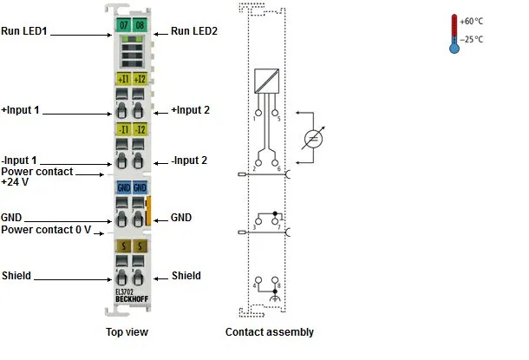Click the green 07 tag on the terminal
[x=123, y=25]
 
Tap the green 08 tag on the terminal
[x=140, y=25]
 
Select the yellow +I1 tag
[x=123, y=79]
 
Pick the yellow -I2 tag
[x=140, y=129]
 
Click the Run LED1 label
[x=24, y=31]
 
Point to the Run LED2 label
[x=194, y=31]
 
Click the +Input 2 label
[x=190, y=110]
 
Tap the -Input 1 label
[x=19, y=160]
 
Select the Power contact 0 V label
[x=46, y=230]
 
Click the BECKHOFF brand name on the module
[x=132, y=299]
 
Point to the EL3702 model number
[x=124, y=291]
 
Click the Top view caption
[x=127, y=332]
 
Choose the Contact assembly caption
[x=270, y=332]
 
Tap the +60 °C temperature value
[x=471, y=22]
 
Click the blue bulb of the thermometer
[x=454, y=49]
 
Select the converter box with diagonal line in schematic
[x=266, y=81]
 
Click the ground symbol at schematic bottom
[x=275, y=298]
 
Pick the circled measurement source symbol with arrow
[x=313, y=138]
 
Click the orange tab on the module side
[x=148, y=211]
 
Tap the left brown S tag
[x=123, y=246]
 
